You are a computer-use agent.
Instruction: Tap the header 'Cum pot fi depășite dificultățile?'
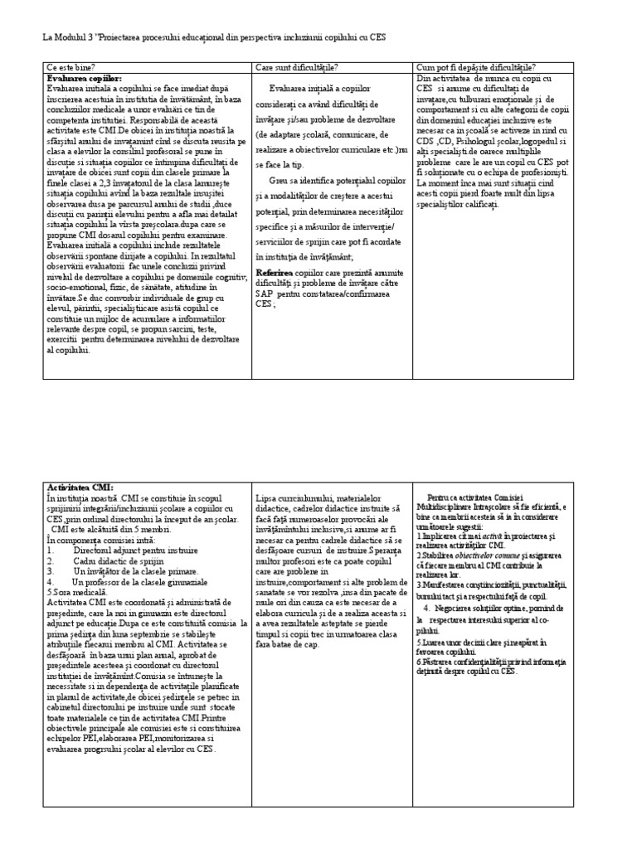pos(475,67)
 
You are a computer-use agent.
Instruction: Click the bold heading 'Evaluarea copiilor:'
pos(84,78)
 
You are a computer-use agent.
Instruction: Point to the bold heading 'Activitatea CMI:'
pos(80,488)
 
